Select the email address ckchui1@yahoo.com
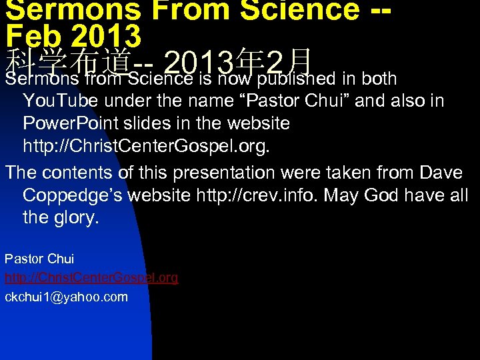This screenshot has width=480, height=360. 66,297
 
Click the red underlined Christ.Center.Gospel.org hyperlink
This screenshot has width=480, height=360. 91,277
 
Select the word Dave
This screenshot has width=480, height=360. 441,173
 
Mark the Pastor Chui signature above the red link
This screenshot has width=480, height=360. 39,259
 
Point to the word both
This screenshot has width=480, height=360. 379,79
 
